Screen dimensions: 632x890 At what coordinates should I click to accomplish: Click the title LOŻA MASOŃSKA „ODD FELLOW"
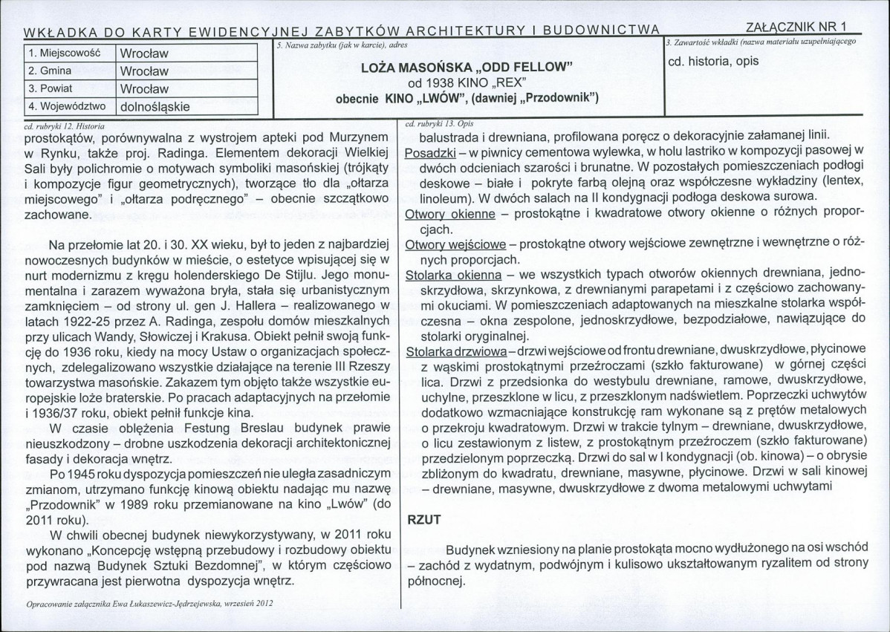(x=467, y=68)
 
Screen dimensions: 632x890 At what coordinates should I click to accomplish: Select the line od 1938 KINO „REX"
(x=467, y=82)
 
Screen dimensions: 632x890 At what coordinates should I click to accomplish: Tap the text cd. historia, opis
(x=713, y=61)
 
